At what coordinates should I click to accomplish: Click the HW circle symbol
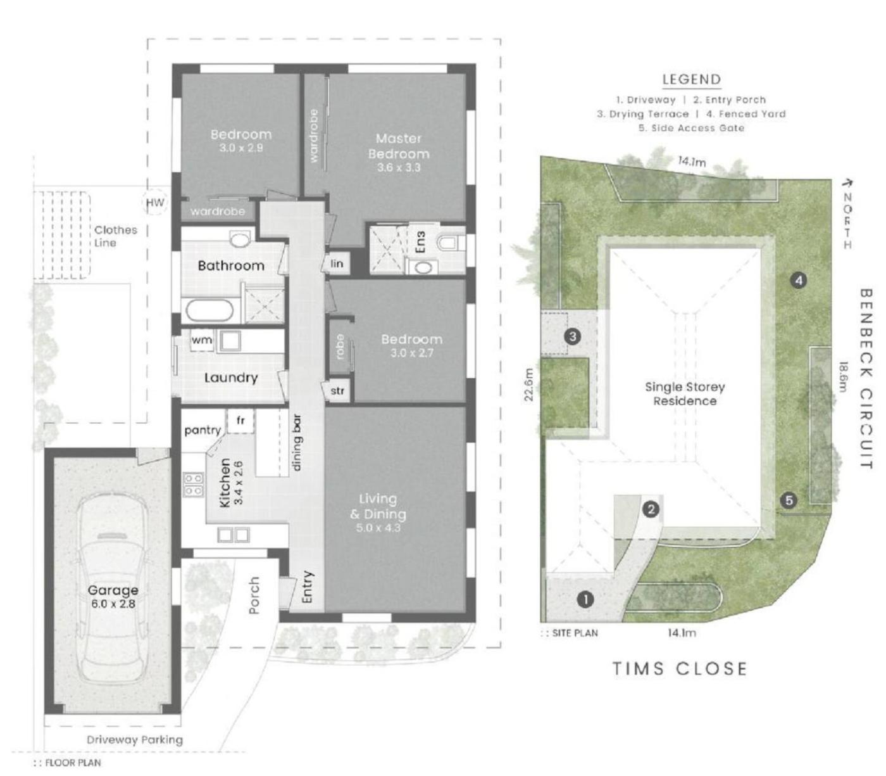tap(154, 203)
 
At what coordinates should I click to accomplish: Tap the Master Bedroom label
tap(399, 146)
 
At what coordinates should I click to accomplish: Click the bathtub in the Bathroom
tap(209, 310)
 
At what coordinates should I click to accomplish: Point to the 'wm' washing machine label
tap(202, 340)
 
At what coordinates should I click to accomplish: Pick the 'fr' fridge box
tap(240, 421)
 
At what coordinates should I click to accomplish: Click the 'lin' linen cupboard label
tap(337, 263)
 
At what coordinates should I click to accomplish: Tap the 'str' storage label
tap(337, 391)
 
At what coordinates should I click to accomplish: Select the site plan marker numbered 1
tap(585, 599)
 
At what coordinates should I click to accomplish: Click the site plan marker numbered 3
tap(573, 336)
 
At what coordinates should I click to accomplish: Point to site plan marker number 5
tap(789, 500)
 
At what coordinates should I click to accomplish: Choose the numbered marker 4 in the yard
tap(799, 281)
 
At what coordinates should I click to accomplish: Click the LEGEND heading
tap(692, 79)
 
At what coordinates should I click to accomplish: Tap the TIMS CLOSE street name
tap(680, 668)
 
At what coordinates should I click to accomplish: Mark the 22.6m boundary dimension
tap(528, 385)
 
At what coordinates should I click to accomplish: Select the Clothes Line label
tap(116, 236)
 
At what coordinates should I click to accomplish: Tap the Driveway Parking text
tap(135, 740)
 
